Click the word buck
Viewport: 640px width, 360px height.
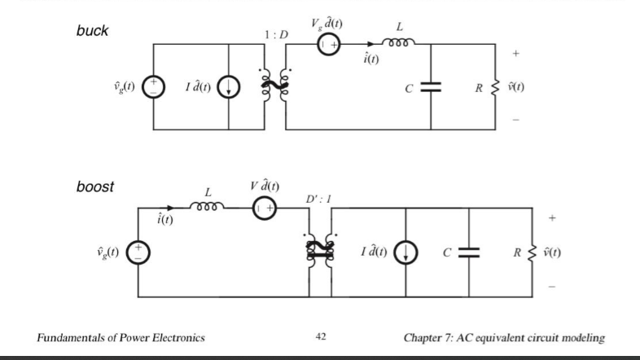click(92, 31)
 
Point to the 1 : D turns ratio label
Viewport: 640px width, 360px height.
click(276, 36)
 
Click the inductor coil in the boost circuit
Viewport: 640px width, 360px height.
click(208, 208)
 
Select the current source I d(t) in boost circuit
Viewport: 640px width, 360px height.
click(405, 250)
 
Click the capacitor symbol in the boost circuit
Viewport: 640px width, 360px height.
click(468, 250)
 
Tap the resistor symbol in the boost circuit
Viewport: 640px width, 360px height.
click(534, 250)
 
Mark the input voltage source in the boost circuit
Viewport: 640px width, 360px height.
click(138, 250)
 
